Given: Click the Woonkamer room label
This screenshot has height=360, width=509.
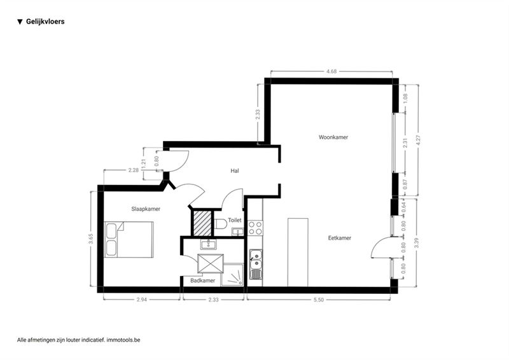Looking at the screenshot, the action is [x=333, y=137].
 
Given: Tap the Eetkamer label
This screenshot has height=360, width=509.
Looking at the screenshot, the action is [x=339, y=238].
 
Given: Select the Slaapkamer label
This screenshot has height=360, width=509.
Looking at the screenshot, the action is [x=146, y=209].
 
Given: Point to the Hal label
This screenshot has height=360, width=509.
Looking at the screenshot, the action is [x=235, y=170].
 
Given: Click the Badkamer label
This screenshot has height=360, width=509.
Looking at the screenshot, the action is [x=202, y=280].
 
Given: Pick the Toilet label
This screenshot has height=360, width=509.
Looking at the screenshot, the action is [x=235, y=220].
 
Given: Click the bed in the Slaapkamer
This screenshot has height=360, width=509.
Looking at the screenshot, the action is [x=129, y=240].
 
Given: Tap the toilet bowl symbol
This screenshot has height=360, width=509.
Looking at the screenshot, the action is [x=220, y=224].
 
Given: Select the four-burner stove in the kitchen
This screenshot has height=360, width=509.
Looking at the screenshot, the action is [x=256, y=228].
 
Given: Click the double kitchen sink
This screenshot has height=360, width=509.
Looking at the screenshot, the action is [x=256, y=264].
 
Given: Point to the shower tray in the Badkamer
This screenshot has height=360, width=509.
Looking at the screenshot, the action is [x=232, y=275].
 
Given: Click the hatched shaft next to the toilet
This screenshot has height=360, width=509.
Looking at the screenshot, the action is [x=202, y=223].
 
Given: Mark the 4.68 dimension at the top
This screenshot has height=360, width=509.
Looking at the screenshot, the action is [x=331, y=71].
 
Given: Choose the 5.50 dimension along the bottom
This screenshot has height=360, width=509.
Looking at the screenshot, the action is [x=319, y=300].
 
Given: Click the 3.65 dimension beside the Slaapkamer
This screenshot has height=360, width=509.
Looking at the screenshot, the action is [x=91, y=239].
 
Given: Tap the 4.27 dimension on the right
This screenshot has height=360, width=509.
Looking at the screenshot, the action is [x=418, y=140].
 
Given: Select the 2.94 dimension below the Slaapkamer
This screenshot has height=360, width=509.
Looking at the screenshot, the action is [x=141, y=300].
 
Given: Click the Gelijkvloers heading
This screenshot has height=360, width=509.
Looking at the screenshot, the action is [x=45, y=22].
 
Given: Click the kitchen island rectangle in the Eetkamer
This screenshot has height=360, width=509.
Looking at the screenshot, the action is [x=298, y=253].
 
